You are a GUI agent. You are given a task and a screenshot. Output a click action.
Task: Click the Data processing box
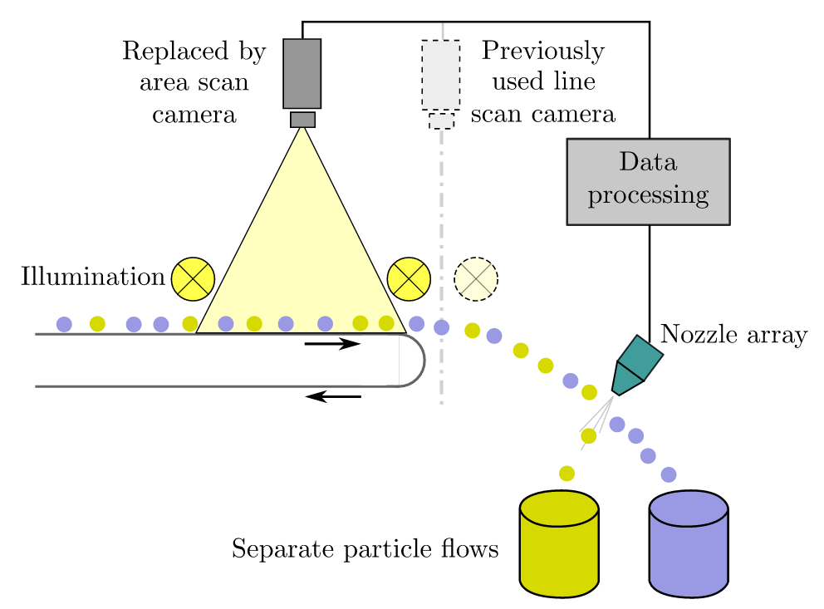[x=647, y=181]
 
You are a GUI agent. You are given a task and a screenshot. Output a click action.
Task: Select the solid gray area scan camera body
[x=302, y=73]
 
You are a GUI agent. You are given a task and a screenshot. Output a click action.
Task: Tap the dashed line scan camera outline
[x=440, y=75]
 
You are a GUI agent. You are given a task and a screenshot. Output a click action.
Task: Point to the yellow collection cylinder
[x=559, y=544]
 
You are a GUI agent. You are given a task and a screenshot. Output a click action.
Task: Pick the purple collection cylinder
[x=689, y=544]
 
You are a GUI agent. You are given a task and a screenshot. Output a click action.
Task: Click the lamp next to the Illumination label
[x=193, y=278]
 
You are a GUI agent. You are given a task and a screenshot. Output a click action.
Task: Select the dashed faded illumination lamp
[x=476, y=278]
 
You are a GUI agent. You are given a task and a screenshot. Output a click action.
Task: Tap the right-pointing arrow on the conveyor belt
[x=332, y=343]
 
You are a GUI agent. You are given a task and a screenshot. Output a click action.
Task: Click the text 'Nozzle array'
[x=733, y=336]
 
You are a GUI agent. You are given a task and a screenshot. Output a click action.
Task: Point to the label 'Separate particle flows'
[x=365, y=549]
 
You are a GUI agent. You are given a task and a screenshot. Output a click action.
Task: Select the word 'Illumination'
[x=92, y=277]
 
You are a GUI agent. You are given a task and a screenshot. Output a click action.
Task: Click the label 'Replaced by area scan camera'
[x=194, y=82]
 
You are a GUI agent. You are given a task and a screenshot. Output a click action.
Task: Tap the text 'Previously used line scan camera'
[x=543, y=82]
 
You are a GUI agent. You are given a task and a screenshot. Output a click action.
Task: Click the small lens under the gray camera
[x=302, y=120]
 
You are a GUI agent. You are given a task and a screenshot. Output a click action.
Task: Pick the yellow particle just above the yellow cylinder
[x=566, y=474]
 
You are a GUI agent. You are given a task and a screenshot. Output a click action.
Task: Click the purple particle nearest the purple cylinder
[x=668, y=474]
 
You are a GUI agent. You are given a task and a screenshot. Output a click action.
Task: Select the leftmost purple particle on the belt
[x=64, y=323]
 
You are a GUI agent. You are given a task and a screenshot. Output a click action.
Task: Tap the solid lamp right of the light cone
[x=409, y=278]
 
